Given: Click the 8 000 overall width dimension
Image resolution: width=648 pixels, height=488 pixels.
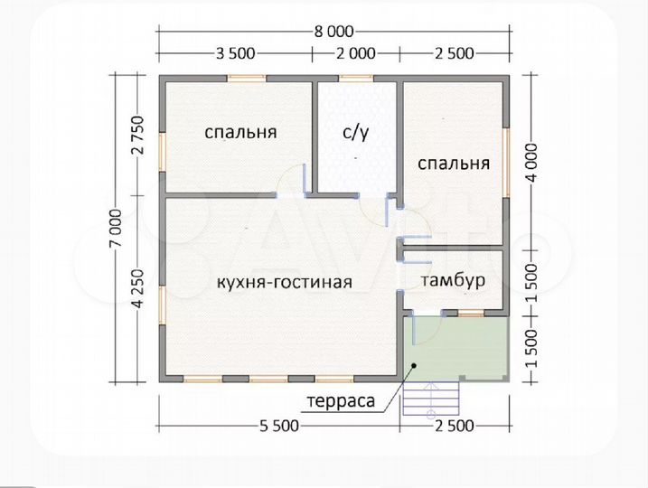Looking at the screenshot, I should [333, 31].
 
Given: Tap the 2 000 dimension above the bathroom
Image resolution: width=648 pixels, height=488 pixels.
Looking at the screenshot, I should [356, 52].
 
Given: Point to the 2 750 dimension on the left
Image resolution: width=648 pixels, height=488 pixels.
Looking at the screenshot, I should [138, 136].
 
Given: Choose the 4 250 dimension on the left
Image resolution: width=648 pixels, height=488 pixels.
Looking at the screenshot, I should [138, 287].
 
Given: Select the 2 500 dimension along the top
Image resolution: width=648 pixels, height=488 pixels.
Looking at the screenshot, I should [454, 52].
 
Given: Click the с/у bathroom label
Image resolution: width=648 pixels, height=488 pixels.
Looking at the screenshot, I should [355, 133].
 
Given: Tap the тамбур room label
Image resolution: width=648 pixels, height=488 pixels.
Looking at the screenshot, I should [453, 280].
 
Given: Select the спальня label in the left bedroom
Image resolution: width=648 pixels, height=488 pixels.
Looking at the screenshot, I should [240, 133].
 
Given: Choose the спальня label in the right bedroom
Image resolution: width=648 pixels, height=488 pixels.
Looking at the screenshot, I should [453, 164].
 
